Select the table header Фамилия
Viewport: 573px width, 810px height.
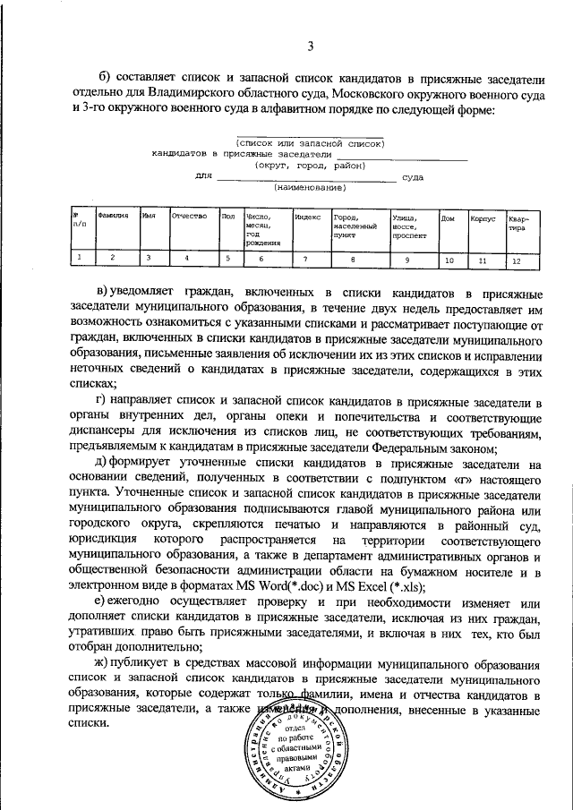point(114,216)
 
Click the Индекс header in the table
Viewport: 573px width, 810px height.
point(307,216)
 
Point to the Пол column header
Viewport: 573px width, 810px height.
point(228,216)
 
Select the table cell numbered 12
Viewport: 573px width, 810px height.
point(516,260)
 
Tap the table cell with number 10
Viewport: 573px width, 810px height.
point(449,260)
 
